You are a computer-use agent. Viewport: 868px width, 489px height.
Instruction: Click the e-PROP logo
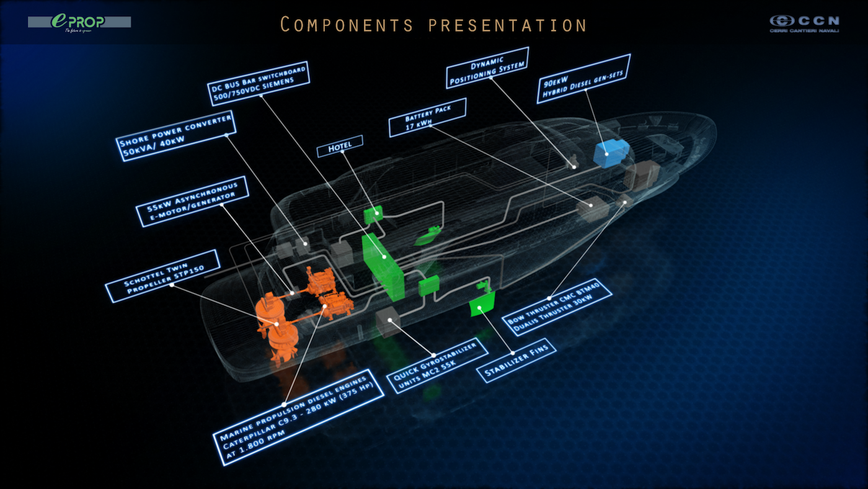point(79,22)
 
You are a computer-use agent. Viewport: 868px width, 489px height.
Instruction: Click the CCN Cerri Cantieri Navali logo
point(804,23)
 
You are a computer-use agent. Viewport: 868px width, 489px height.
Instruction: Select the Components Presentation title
point(433,25)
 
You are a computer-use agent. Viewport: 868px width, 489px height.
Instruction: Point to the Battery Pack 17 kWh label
point(428,117)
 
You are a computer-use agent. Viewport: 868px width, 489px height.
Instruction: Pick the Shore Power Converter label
point(177,135)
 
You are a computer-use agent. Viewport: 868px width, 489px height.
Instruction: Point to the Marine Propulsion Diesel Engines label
point(298,413)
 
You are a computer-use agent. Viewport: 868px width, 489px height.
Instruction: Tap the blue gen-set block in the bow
point(611,153)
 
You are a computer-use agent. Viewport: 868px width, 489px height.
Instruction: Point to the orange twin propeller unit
point(277,325)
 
